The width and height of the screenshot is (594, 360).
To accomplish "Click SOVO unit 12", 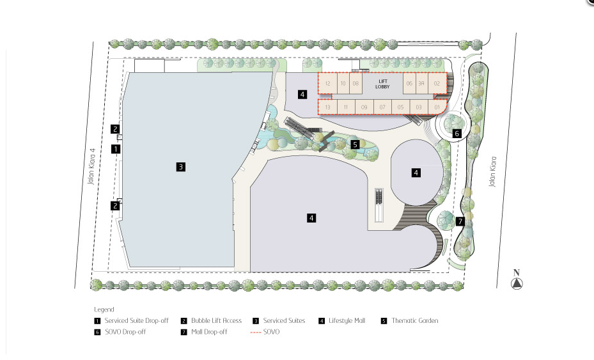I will point(327,83).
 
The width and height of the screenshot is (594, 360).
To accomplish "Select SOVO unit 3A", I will point(421,83).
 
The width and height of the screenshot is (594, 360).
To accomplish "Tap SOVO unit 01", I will point(437,107).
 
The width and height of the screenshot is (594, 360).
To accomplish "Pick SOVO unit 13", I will point(327,107).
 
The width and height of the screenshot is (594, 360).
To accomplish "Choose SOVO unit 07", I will point(382,107).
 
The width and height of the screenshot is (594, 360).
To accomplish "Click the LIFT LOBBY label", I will point(384,84).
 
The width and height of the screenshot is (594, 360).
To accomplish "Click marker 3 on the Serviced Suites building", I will point(181,167).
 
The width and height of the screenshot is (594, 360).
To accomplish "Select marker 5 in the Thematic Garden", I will point(355,145).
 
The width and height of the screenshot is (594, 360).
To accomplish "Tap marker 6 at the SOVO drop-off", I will point(457,134).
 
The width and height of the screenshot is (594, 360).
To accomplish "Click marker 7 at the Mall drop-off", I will point(460,222).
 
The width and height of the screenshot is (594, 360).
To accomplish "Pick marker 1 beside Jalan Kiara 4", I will point(116,149).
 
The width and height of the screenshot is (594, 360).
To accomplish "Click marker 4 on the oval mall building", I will point(416,172).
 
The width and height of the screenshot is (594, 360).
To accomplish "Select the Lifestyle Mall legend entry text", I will point(347,320).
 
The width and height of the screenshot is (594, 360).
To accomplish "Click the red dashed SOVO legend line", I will point(255,332).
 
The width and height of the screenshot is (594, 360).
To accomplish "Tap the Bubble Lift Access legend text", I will point(216,320).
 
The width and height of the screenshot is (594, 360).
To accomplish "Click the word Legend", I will point(104,309).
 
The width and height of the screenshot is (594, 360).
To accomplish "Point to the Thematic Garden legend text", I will point(415,320).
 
